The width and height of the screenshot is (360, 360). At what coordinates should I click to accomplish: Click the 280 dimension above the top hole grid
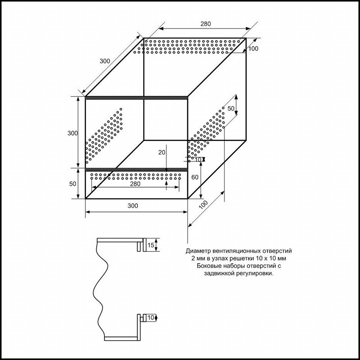(206, 24)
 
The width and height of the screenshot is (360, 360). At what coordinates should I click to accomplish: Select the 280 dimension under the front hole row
(135, 184)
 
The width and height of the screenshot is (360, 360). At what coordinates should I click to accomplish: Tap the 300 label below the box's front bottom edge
(133, 206)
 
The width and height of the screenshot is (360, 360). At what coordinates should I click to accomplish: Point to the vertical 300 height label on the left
(72, 133)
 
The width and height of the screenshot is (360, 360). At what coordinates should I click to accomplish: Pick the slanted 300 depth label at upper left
(105, 61)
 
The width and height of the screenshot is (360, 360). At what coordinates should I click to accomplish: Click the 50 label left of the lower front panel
(72, 184)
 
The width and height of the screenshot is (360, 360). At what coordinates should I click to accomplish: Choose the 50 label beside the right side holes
(231, 108)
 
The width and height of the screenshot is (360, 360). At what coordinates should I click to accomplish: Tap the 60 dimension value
(195, 177)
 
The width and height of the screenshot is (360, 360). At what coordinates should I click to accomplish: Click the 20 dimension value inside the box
(162, 152)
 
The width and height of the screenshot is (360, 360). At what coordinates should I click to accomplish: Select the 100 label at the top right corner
(253, 49)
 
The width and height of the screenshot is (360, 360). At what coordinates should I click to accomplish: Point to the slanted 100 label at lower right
(203, 205)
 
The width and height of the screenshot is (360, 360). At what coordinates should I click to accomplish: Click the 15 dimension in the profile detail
(151, 245)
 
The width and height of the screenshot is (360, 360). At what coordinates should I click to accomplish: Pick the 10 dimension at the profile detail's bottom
(151, 318)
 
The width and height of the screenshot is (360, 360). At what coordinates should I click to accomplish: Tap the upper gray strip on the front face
(136, 98)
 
